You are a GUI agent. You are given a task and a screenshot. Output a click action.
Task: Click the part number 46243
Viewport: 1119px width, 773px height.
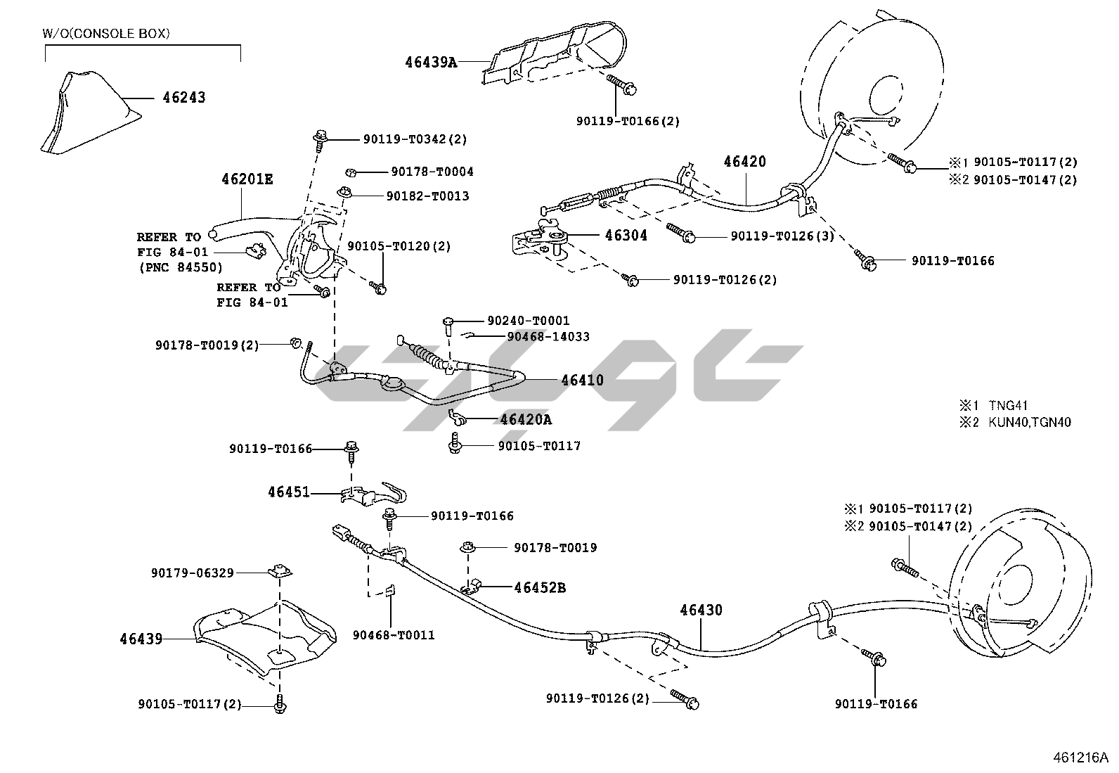tap(184, 97)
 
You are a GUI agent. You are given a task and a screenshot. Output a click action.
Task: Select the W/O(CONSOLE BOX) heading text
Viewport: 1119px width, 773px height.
tap(106, 33)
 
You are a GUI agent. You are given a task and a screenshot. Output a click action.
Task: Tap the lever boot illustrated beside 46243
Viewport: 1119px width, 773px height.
tap(84, 113)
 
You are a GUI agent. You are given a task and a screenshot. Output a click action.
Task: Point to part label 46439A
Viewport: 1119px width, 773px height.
tap(431, 62)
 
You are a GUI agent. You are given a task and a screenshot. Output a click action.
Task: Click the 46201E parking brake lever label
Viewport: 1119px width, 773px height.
tap(247, 179)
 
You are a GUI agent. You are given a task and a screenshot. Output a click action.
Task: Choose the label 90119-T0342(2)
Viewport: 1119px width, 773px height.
tap(415, 139)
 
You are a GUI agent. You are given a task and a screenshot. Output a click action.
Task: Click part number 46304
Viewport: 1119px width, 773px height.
tap(626, 236)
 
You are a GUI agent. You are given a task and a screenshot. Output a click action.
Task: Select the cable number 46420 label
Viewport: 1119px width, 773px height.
tap(744, 162)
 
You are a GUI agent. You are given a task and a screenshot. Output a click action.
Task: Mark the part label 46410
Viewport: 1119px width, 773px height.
tap(582, 381)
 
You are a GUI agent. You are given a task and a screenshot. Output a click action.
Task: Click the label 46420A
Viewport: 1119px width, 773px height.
tap(526, 420)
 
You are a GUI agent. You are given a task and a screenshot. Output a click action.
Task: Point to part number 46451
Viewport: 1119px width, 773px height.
tap(288, 492)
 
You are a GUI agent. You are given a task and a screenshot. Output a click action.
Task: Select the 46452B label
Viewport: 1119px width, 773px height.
tap(539, 587)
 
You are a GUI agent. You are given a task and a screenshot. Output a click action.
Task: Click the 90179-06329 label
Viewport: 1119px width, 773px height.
tap(192, 573)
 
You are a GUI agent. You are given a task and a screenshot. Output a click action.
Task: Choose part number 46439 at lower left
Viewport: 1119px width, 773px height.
tap(141, 639)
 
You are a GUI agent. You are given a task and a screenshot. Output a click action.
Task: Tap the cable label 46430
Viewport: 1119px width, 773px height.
tap(700, 611)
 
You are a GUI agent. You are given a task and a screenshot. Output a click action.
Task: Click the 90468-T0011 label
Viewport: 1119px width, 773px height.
tap(394, 635)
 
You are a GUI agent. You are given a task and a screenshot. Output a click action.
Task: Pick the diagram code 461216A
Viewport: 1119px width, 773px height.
tap(1080, 758)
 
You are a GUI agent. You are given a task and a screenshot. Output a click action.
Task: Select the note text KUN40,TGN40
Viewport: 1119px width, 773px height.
tap(1030, 423)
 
